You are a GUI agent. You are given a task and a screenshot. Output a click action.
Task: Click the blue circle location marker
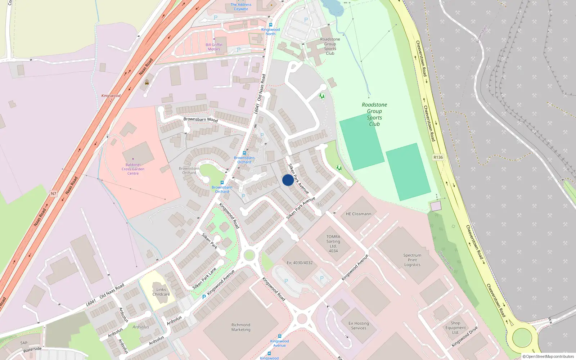click(x=288, y=180)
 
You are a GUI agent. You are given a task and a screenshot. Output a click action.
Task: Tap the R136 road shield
click(x=438, y=157)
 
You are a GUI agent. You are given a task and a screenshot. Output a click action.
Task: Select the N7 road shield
click(x=53, y=194)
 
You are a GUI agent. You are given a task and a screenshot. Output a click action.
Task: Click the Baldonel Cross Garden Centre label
click(x=133, y=169)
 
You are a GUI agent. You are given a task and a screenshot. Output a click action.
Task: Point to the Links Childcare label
click(x=161, y=292)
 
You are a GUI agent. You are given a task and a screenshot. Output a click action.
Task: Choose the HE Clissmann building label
click(x=358, y=214)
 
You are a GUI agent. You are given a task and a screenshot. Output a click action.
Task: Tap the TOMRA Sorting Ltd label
click(x=333, y=244)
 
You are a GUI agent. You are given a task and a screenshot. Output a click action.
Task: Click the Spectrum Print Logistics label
click(x=412, y=260)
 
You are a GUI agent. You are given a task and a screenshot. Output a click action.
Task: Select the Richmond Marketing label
click(x=241, y=327)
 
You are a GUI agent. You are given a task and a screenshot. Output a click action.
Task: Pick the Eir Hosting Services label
click(x=359, y=326)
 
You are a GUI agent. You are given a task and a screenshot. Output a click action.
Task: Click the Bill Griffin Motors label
click(x=214, y=47)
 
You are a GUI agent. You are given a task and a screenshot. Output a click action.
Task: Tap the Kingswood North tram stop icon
click(x=271, y=25)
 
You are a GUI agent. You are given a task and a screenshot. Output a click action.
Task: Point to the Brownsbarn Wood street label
click(x=201, y=119)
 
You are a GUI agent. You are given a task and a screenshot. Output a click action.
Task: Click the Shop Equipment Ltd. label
click(x=455, y=328)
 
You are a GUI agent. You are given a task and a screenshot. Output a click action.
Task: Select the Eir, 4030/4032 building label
click(x=300, y=263)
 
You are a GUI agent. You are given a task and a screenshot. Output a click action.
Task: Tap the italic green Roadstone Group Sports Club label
click(x=374, y=114)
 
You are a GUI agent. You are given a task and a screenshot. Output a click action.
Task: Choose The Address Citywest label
click(x=241, y=7)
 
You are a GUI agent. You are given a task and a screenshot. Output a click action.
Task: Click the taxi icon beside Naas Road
click(x=147, y=82)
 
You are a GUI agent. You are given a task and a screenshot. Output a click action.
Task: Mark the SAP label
click(x=24, y=343)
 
